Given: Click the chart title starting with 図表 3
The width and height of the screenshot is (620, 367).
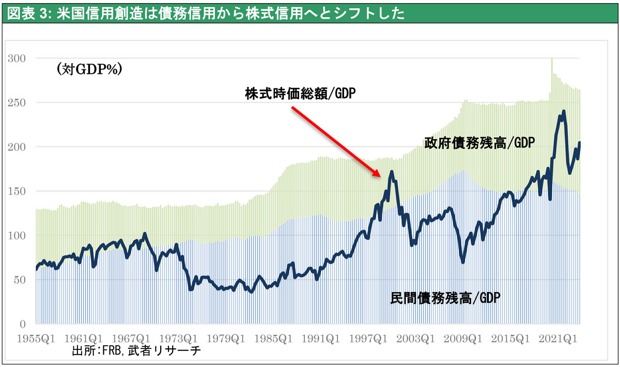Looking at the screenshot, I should (207, 12).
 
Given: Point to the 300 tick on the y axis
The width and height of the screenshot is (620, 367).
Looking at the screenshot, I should (17, 58).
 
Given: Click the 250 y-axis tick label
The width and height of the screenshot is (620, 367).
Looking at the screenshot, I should (17, 103).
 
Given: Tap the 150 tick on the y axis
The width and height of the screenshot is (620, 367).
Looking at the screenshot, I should (17, 191).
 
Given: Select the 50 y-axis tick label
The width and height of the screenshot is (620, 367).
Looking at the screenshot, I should (20, 280).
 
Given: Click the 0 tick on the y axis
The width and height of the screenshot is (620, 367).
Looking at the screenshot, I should (23, 324).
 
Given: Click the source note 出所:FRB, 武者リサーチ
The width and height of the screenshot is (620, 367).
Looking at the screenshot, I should (136, 351).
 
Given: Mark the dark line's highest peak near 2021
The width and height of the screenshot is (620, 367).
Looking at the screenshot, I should (564, 111).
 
